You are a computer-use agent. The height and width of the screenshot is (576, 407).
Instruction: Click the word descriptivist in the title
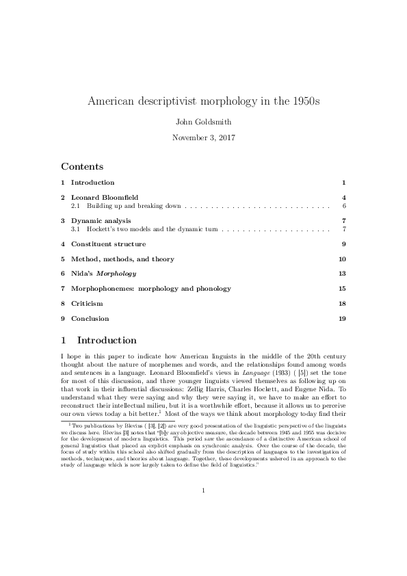pyautogui.click(x=172, y=101)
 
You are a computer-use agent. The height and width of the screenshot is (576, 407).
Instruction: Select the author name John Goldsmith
pyautogui.click(x=203, y=122)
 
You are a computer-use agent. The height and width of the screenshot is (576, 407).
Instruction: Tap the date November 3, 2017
pyautogui.click(x=203, y=137)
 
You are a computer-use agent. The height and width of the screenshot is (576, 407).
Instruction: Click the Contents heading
pyautogui.click(x=82, y=166)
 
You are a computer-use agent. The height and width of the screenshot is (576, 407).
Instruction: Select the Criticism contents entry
pyautogui.click(x=87, y=303)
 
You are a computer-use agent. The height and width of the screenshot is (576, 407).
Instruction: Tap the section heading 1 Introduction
pyautogui.click(x=99, y=340)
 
